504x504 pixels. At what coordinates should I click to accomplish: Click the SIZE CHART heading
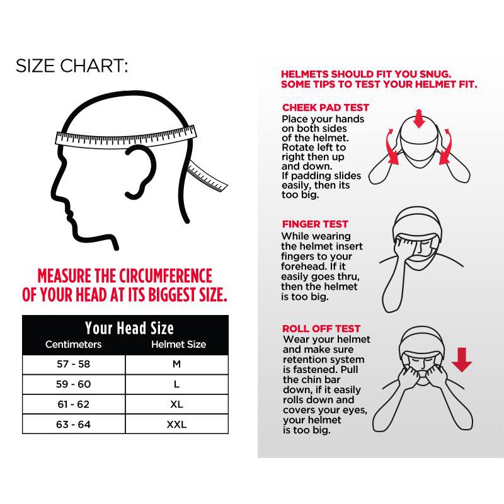tap(72, 66)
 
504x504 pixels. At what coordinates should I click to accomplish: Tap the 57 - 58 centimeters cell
tap(74, 364)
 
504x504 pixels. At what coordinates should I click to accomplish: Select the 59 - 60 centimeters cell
tap(74, 384)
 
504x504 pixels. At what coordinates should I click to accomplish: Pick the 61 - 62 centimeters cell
tap(74, 404)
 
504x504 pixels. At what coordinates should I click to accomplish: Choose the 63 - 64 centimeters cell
tap(74, 424)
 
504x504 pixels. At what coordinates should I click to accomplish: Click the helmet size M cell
tap(177, 364)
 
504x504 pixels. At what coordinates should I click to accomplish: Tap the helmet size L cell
tap(177, 384)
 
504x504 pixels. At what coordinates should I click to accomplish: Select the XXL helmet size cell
tap(177, 424)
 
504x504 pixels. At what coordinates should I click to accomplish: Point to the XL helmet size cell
tap(177, 404)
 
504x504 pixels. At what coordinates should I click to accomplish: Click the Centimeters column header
tap(73, 344)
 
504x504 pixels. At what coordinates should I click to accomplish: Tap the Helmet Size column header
tap(179, 344)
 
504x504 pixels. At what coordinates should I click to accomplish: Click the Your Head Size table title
tap(129, 328)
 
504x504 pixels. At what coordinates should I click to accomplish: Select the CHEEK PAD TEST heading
tap(326, 107)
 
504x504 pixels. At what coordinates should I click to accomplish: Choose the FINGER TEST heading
tap(315, 224)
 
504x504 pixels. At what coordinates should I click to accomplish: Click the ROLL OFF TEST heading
tap(321, 328)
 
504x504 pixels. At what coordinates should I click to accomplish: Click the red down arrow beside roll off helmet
tap(462, 359)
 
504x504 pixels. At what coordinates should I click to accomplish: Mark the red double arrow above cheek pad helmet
tap(418, 118)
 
